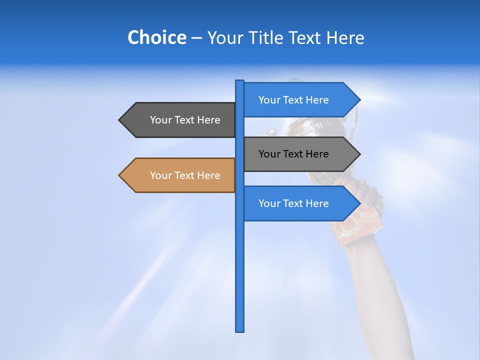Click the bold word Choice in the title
click(x=156, y=37)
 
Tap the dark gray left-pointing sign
click(x=180, y=120)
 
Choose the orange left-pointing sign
click(x=180, y=175)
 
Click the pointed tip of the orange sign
click(x=120, y=175)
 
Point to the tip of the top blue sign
click(x=359, y=100)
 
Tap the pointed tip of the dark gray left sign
click(x=120, y=120)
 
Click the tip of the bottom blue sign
click(x=359, y=203)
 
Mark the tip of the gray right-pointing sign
click(x=359, y=154)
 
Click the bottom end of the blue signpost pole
click(x=240, y=330)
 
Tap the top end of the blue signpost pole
click(x=240, y=82)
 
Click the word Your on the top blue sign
click(x=269, y=100)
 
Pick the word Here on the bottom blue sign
click(x=315, y=203)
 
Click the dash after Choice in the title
click(x=196, y=38)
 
